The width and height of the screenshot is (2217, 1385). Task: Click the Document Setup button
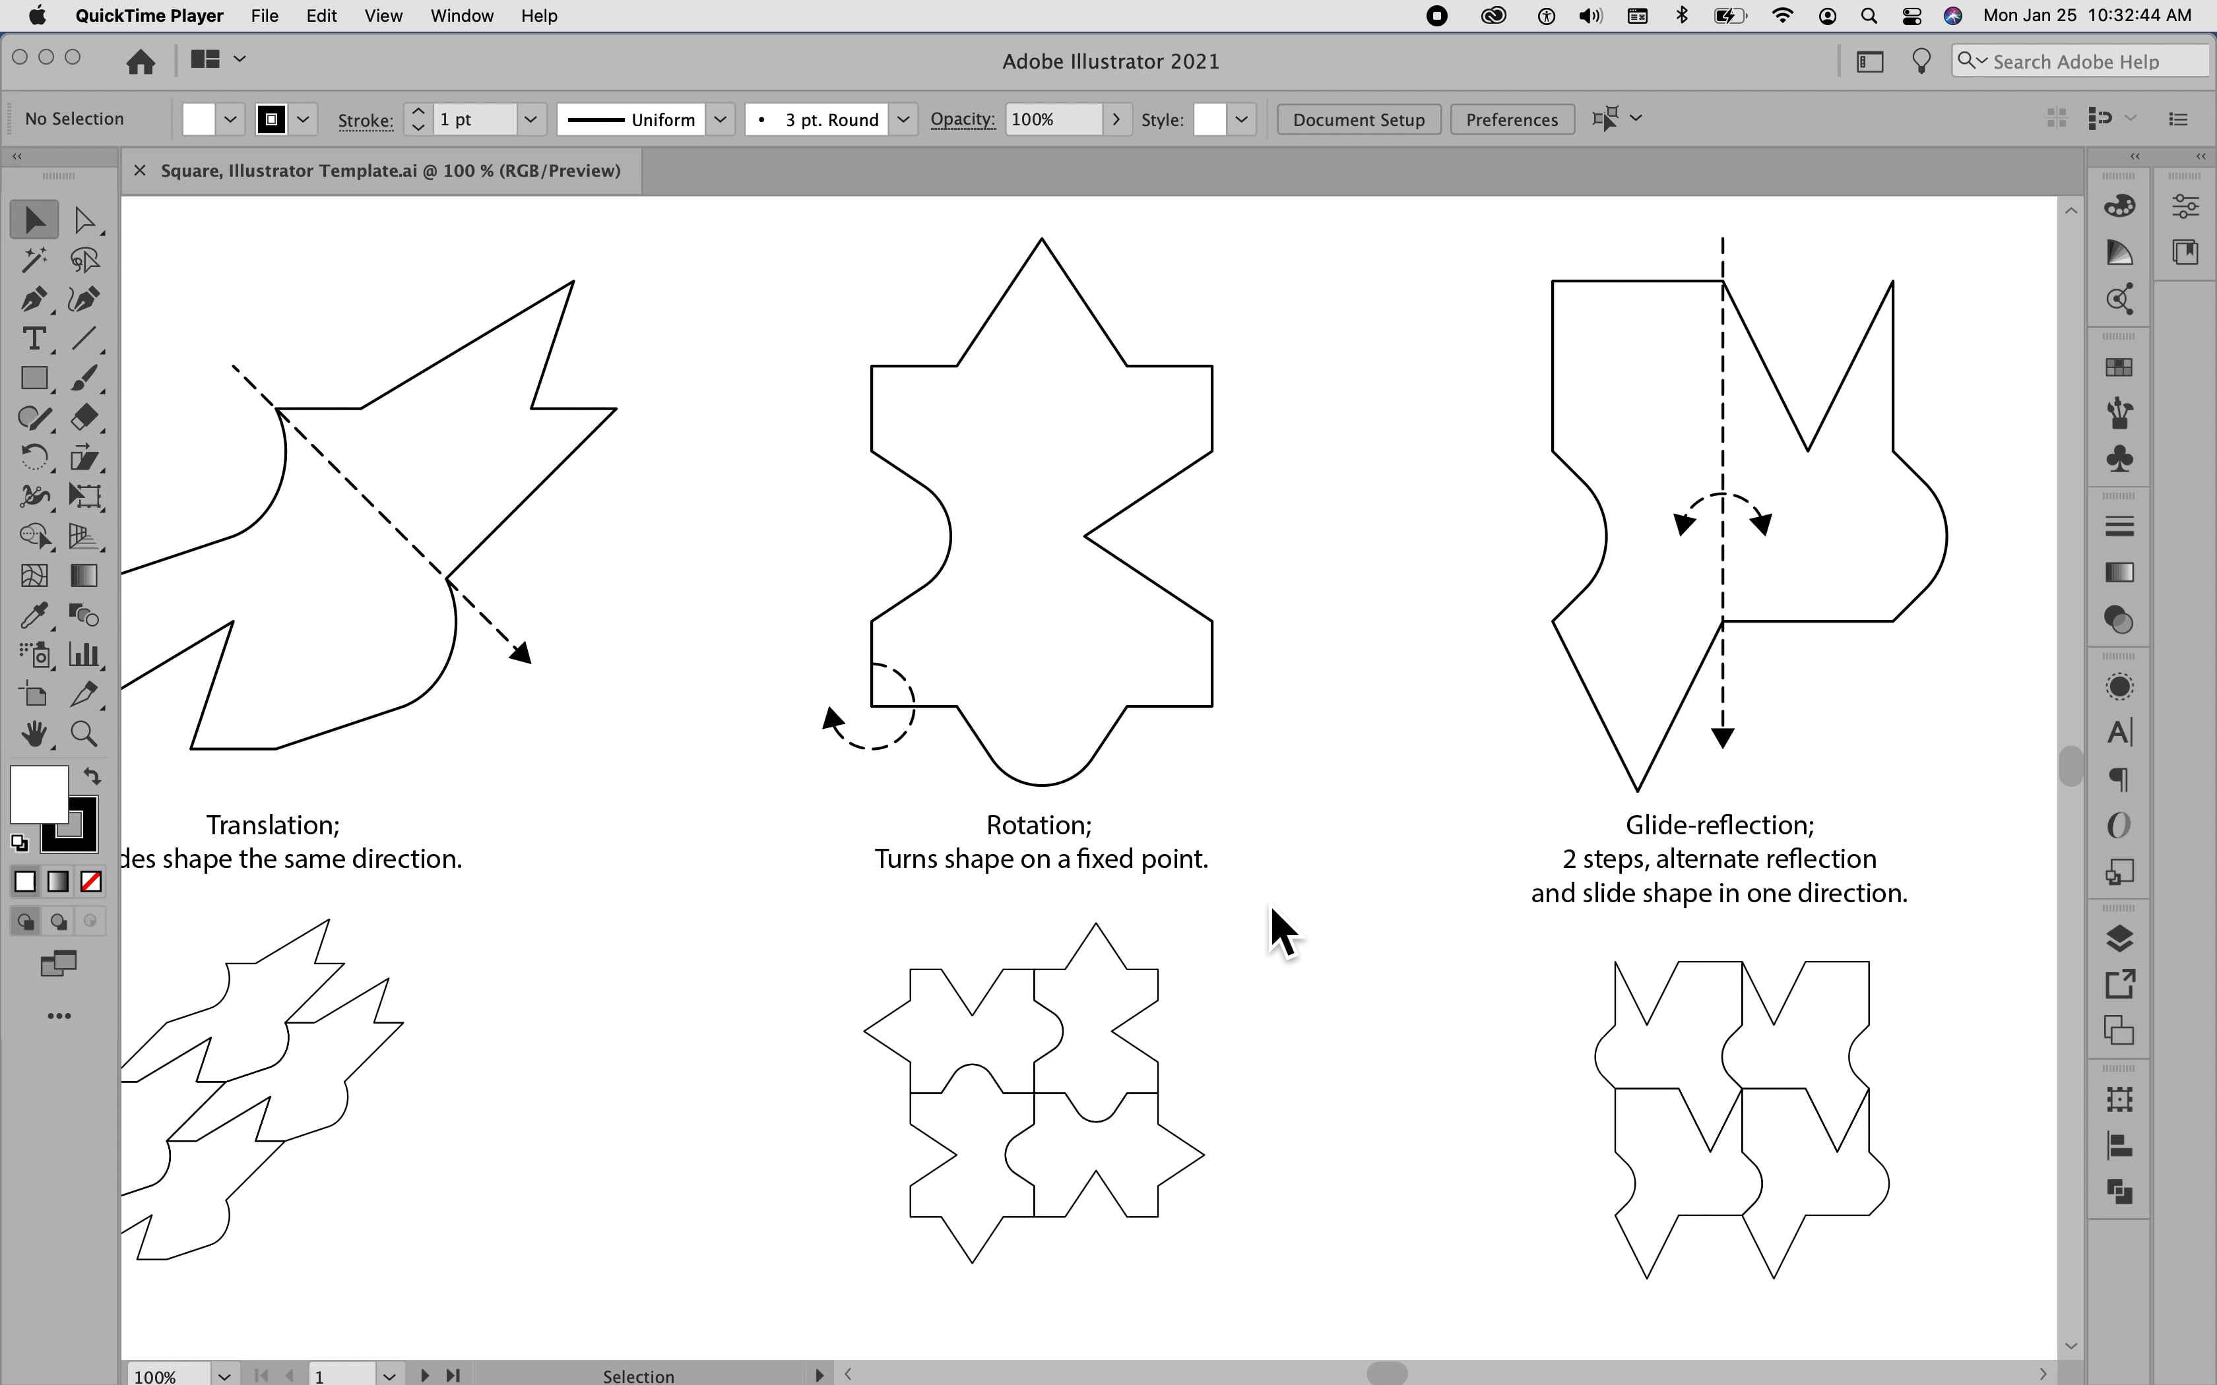(1358, 120)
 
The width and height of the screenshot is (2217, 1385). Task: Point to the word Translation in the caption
(272, 825)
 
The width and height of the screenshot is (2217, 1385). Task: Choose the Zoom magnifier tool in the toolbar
(84, 733)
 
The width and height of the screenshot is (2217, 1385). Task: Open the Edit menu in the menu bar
(321, 16)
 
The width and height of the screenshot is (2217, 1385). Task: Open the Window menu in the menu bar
(462, 16)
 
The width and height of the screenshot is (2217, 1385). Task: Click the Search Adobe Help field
(2089, 61)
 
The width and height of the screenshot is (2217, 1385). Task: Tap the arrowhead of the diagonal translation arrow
(522, 653)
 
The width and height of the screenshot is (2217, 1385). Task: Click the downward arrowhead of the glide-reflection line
(1722, 738)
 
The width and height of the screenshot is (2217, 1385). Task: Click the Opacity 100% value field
(1054, 120)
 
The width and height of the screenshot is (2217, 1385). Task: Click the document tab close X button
(139, 170)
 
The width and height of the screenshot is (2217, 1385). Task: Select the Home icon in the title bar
(140, 61)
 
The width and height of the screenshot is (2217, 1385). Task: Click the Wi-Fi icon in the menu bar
(1782, 16)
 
